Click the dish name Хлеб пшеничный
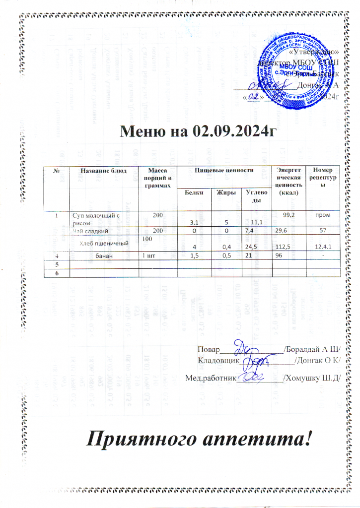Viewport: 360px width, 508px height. point(106,243)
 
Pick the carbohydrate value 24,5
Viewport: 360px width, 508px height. point(253,247)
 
